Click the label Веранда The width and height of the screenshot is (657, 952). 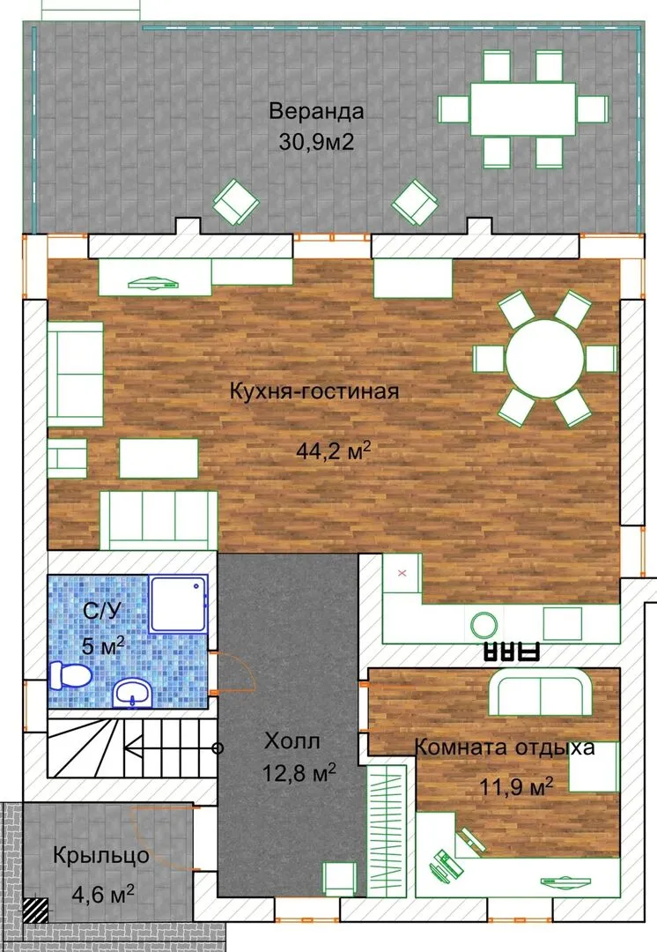click(x=317, y=112)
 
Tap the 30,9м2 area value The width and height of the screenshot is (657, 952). click(x=316, y=142)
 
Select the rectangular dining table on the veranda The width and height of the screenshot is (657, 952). click(x=523, y=109)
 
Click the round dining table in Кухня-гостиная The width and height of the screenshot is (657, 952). click(x=545, y=359)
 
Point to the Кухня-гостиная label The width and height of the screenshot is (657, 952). click(x=314, y=391)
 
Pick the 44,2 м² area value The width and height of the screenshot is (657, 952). click(x=333, y=451)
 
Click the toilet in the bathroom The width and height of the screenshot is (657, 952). click(x=70, y=675)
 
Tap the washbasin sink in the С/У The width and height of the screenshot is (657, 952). click(x=133, y=694)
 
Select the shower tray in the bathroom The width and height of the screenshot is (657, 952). click(x=179, y=605)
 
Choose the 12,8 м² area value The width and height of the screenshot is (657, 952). click(x=299, y=773)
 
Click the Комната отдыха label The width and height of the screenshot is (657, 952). click(x=504, y=747)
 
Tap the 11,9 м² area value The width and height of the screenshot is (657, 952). click(x=516, y=787)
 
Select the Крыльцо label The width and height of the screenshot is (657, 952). click(x=101, y=855)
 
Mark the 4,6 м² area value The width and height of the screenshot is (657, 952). click(x=103, y=894)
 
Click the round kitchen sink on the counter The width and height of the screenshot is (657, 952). click(x=484, y=624)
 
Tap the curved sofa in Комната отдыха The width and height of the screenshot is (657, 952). click(x=540, y=692)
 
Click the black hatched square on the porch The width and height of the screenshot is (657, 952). click(x=36, y=910)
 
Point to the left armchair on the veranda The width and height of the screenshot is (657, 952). click(x=235, y=202)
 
